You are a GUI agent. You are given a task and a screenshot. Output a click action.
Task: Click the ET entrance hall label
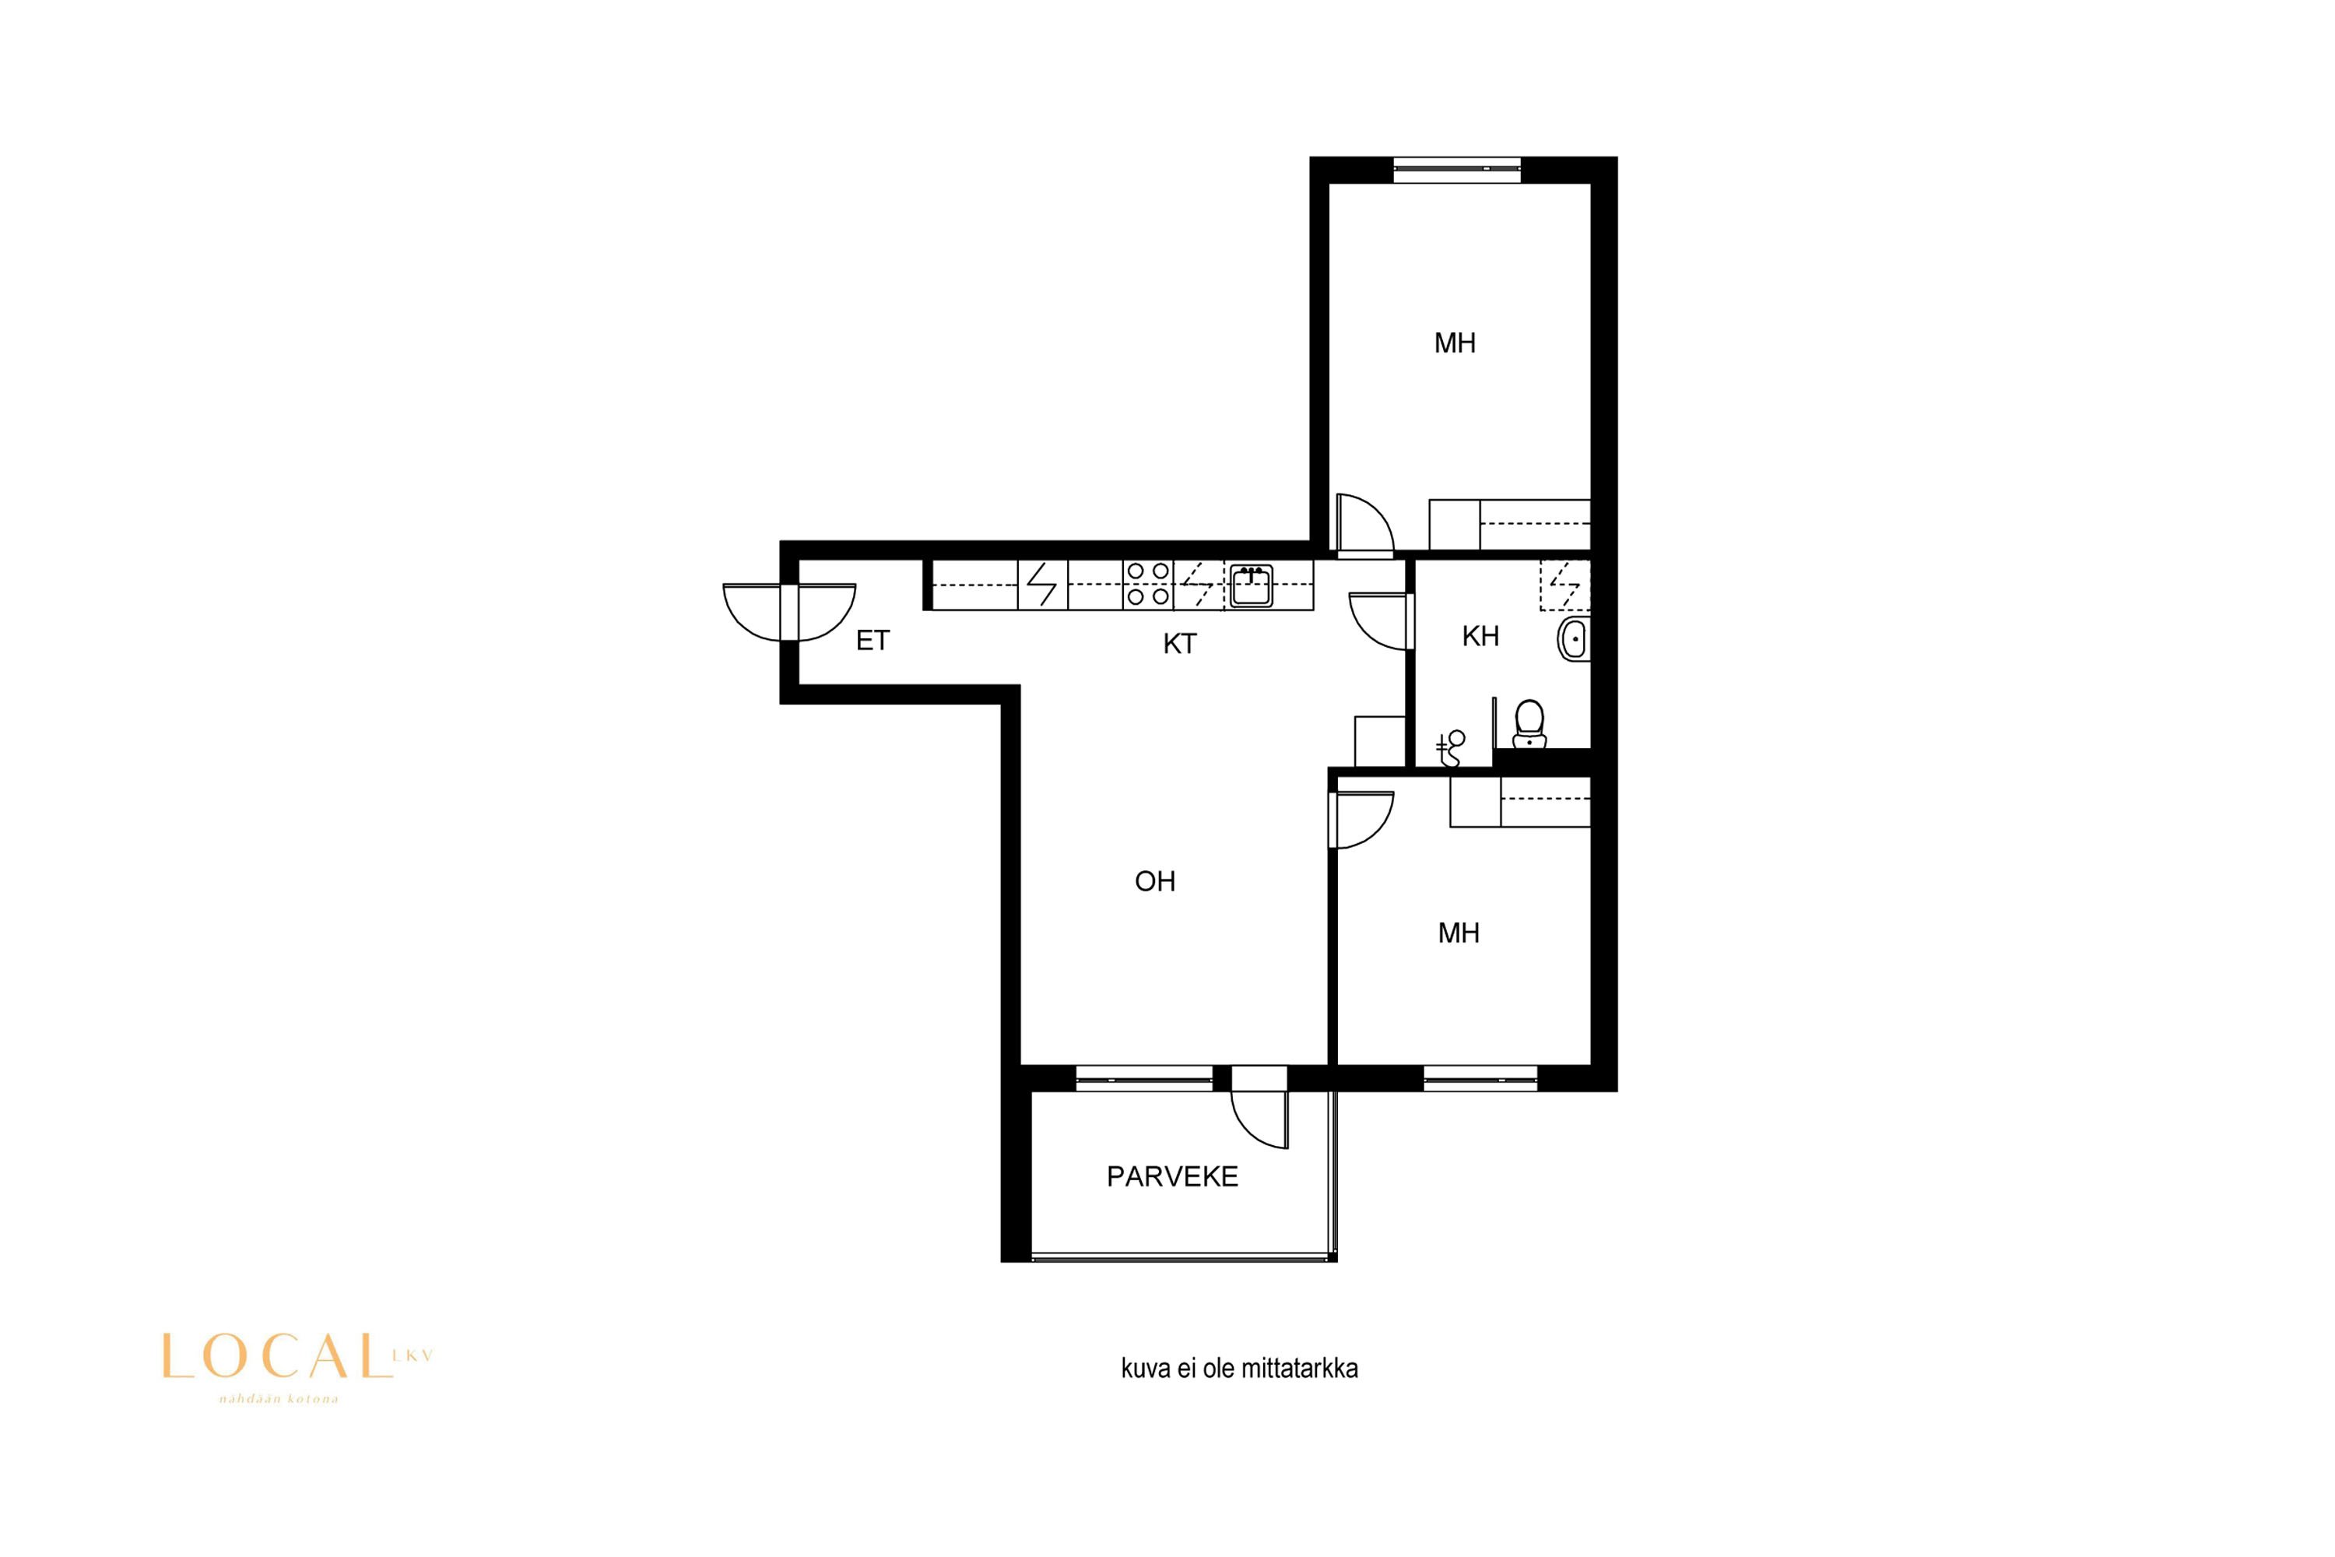pyautogui.click(x=873, y=641)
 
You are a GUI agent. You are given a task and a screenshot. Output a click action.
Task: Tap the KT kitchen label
pyautogui.click(x=1179, y=644)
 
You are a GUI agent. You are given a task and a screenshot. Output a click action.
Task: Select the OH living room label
pyautogui.click(x=1154, y=880)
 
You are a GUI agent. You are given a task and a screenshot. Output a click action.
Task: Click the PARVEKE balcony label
pyautogui.click(x=1172, y=1176)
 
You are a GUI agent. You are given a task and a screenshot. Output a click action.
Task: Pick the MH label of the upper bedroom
pyautogui.click(x=1455, y=343)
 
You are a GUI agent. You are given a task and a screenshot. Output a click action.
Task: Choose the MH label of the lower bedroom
pyautogui.click(x=1459, y=933)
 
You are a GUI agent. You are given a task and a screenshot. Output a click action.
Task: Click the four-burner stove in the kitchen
pyautogui.click(x=1147, y=584)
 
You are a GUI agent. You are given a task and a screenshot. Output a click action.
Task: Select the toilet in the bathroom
pyautogui.click(x=1529, y=724)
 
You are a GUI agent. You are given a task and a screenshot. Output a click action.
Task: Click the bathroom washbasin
pyautogui.click(x=1575, y=638)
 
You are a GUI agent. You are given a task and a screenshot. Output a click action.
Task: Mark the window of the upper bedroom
pyautogui.click(x=1456, y=170)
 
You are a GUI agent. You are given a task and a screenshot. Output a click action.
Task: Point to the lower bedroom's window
pyautogui.click(x=1480, y=1078)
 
